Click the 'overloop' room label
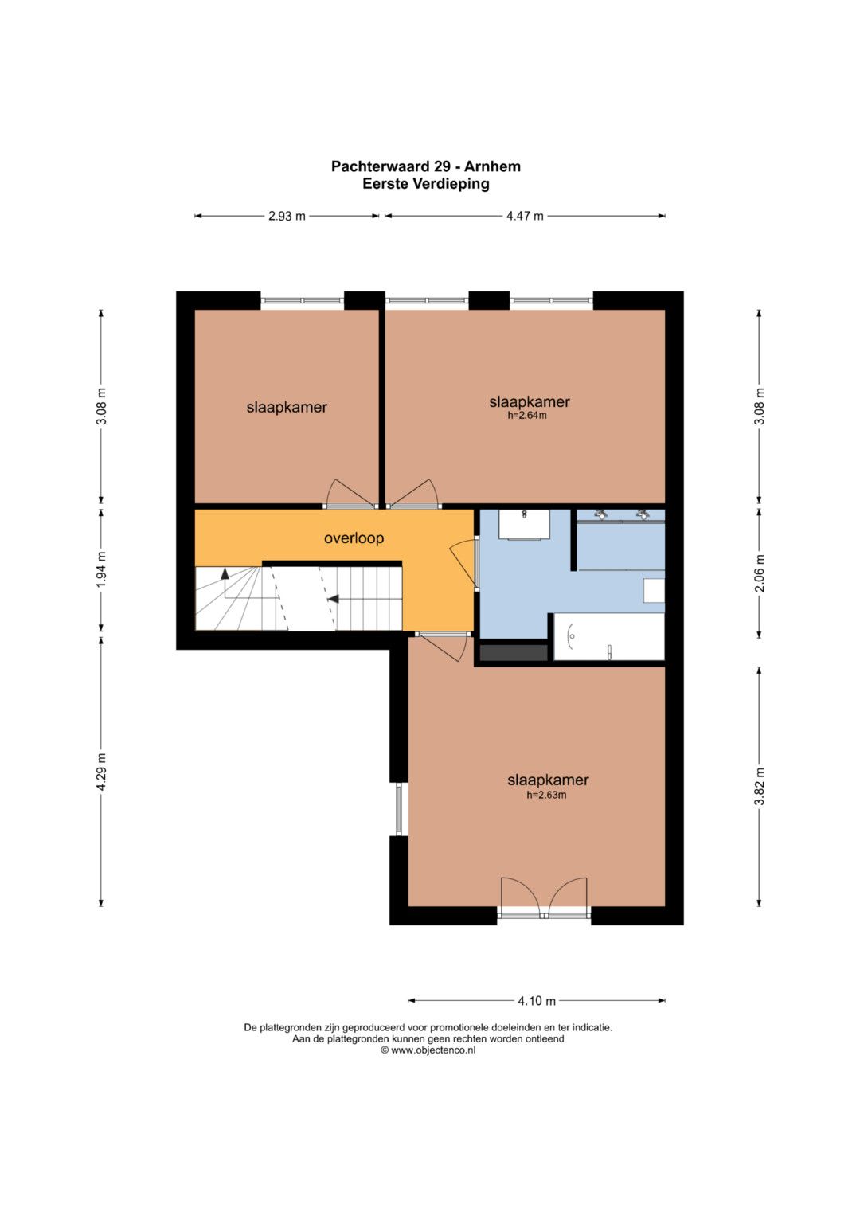[x=354, y=538]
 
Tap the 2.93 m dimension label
[x=287, y=216]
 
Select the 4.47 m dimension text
[x=525, y=216]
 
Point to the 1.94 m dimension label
[x=101, y=570]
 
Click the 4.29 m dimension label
[x=101, y=772]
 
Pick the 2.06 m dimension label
[x=760, y=573]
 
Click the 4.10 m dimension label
[x=537, y=1000]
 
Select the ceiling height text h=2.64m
[x=526, y=416]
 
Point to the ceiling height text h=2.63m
[x=546, y=796]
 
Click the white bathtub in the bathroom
[x=608, y=637]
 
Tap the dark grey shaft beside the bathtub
[x=514, y=653]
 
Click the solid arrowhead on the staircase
[x=334, y=599]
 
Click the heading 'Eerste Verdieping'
[x=426, y=184]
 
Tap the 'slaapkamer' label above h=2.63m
[x=548, y=780]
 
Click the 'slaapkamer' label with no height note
[x=287, y=407]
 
